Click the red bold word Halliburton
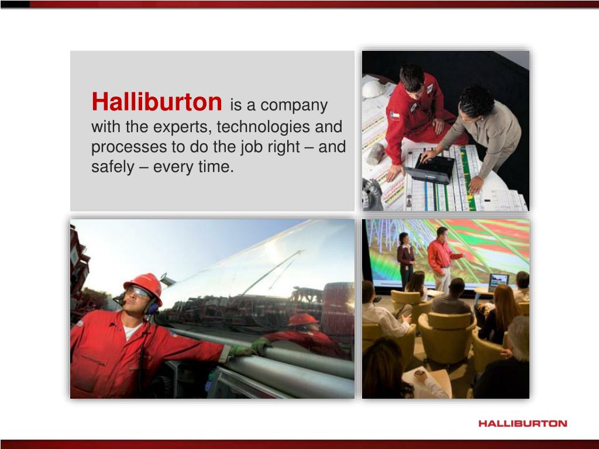coord(157,102)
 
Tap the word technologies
coord(264,126)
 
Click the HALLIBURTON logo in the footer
coord(522,423)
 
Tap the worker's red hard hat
coord(144,284)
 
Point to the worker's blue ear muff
coord(153,307)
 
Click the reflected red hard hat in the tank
coord(302,319)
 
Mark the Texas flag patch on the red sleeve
coord(395,116)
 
